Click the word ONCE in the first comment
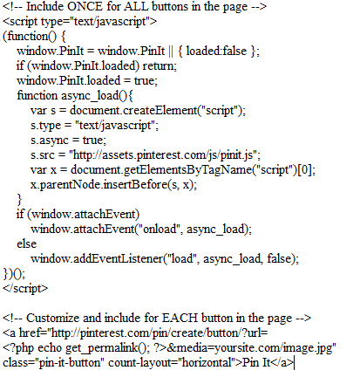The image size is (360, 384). point(85,6)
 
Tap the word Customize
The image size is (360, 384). point(52,318)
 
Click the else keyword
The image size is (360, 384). point(27,243)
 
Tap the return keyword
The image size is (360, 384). point(158,65)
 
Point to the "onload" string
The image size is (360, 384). point(160,229)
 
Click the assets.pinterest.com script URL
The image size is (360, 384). point(165,154)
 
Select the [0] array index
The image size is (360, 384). point(305,169)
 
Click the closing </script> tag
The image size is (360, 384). point(25,288)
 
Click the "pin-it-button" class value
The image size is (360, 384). point(71,362)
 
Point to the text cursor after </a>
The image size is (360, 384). point(295,363)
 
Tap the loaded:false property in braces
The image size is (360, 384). point(216,51)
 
